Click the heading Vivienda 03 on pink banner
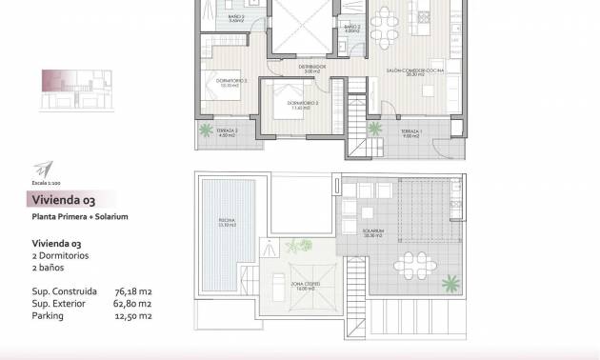[63, 200]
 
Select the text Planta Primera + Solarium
[80, 217]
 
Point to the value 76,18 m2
[133, 291]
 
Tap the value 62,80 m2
[133, 304]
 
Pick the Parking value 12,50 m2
[133, 315]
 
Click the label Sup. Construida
[65, 291]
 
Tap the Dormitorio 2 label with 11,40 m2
[304, 105]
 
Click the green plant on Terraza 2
[205, 130]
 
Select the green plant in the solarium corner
[447, 283]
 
